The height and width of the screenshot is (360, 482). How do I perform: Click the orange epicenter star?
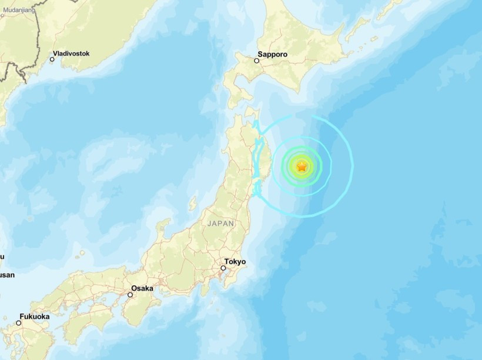[302, 166]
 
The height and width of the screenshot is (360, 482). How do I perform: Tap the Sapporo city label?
[275, 54]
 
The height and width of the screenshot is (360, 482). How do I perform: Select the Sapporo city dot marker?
[257, 61]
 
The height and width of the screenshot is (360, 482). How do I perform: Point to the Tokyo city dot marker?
[223, 268]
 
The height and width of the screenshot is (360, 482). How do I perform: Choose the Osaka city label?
[142, 288]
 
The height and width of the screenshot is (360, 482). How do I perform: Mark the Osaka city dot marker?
[130, 295]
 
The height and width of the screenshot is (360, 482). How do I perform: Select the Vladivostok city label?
[71, 54]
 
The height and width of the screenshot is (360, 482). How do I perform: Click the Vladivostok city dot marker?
[52, 59]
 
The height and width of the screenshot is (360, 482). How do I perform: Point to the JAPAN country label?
[220, 224]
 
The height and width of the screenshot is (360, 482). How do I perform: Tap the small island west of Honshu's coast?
[192, 205]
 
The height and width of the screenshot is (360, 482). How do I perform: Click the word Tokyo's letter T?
[226, 262]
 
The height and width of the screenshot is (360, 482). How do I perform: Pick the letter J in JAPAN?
[209, 224]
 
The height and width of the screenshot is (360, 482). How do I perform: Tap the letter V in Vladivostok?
[55, 54]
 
